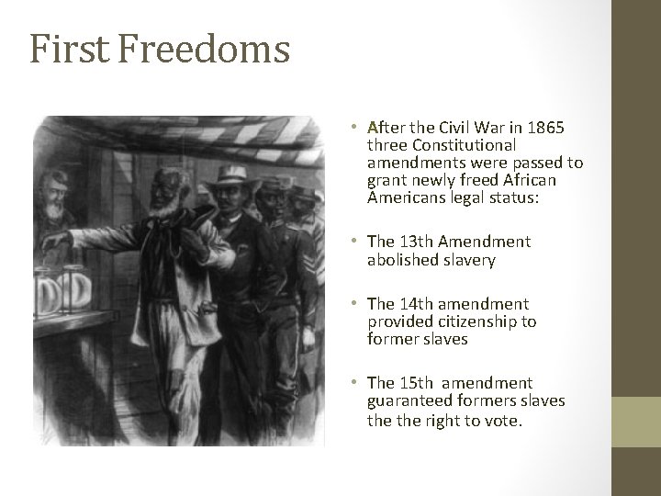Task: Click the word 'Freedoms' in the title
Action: click(x=204, y=49)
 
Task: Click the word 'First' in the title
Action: click(x=70, y=49)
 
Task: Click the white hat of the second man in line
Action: click(x=229, y=174)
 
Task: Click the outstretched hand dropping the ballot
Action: click(x=57, y=241)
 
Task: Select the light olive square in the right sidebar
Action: click(x=636, y=422)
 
